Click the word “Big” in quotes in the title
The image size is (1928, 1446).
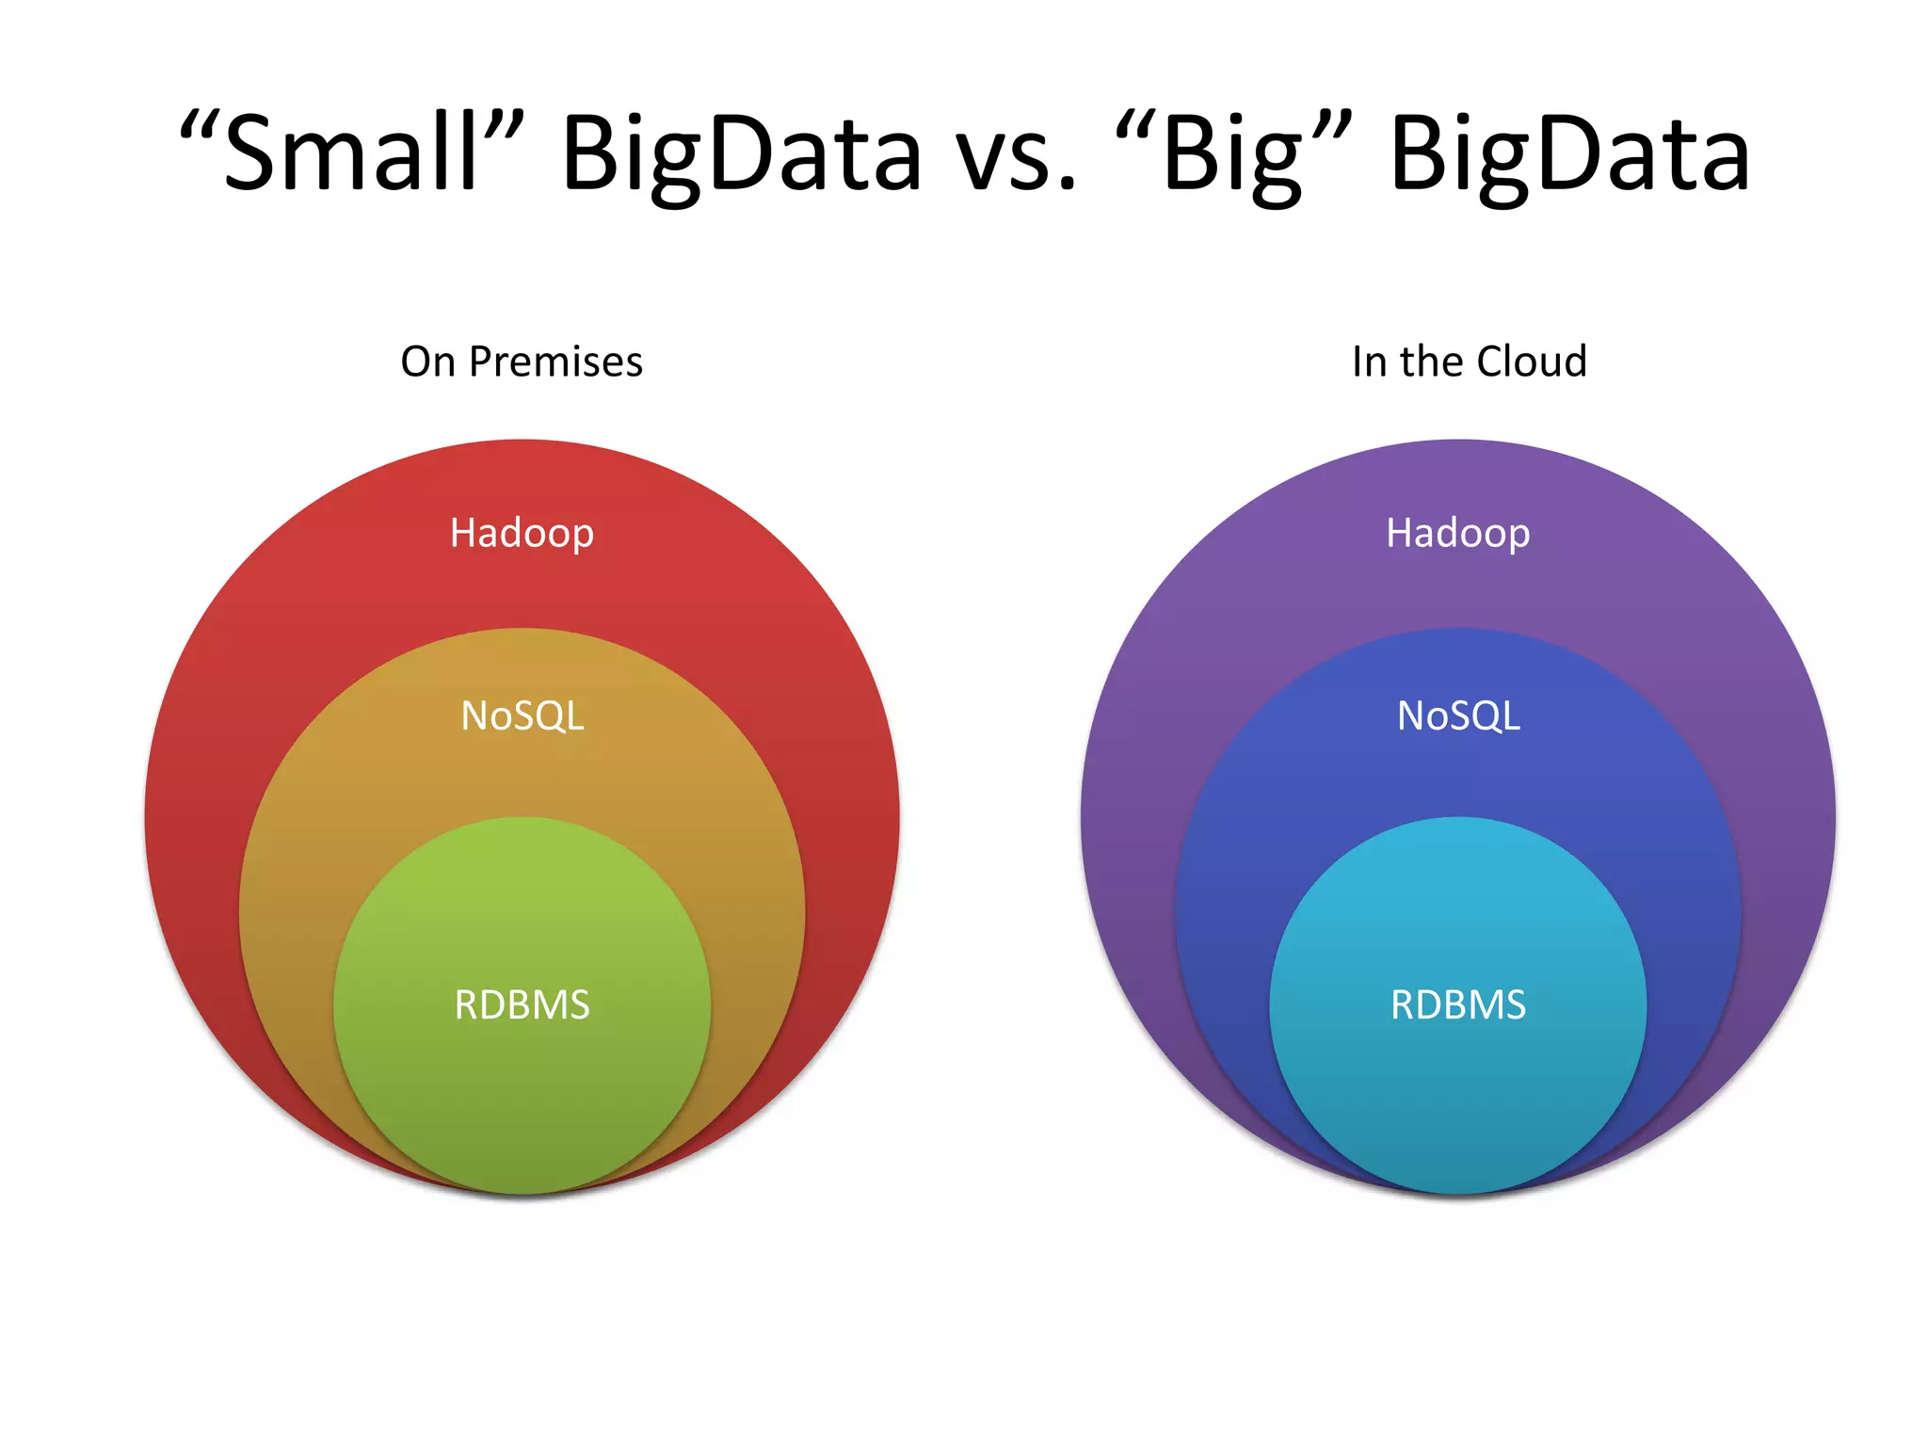pyautogui.click(x=1233, y=153)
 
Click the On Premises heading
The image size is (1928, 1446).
pyautogui.click(x=522, y=361)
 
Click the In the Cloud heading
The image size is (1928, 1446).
pyautogui.click(x=1469, y=361)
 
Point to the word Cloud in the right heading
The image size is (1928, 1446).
pyautogui.click(x=1532, y=361)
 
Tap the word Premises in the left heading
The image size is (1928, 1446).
pyautogui.click(x=555, y=361)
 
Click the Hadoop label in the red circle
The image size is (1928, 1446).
pyautogui.click(x=522, y=534)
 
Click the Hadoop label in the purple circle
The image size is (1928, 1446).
pyautogui.click(x=1457, y=534)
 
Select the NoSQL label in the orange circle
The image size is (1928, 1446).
pyautogui.click(x=522, y=716)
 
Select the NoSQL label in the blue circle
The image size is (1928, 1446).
pyautogui.click(x=1457, y=716)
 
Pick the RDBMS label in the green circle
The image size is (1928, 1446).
pyautogui.click(x=522, y=1005)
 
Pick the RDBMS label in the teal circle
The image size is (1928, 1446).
pyautogui.click(x=1457, y=1005)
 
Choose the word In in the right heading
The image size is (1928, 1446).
pyautogui.click(x=1368, y=361)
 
